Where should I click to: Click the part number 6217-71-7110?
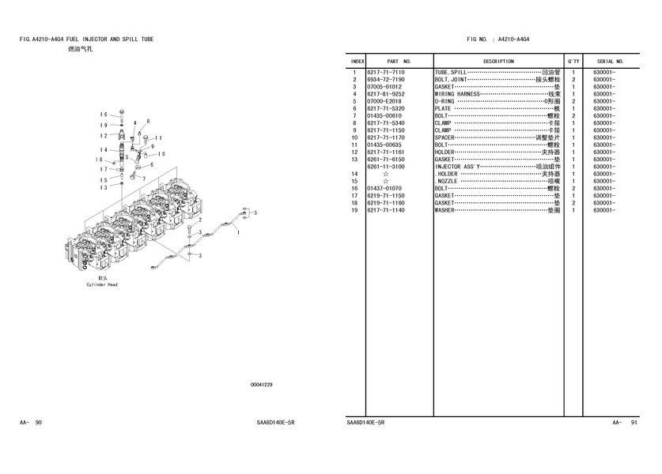[386, 73]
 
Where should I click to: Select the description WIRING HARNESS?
[457, 94]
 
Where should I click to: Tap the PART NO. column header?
[399, 61]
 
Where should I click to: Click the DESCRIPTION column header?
[498, 61]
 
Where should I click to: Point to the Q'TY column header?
[573, 61]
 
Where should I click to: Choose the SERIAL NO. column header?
[611, 61]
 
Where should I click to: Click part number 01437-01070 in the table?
[384, 189]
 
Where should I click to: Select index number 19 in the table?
[356, 210]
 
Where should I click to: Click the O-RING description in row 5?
[444, 101]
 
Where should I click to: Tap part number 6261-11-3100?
[386, 167]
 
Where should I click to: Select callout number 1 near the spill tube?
[238, 231]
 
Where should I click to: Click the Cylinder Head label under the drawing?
[102, 285]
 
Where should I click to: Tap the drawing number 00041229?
[261, 385]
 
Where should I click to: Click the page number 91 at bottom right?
[634, 423]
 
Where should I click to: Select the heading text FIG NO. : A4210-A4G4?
[498, 38]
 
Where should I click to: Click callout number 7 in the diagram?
[143, 179]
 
